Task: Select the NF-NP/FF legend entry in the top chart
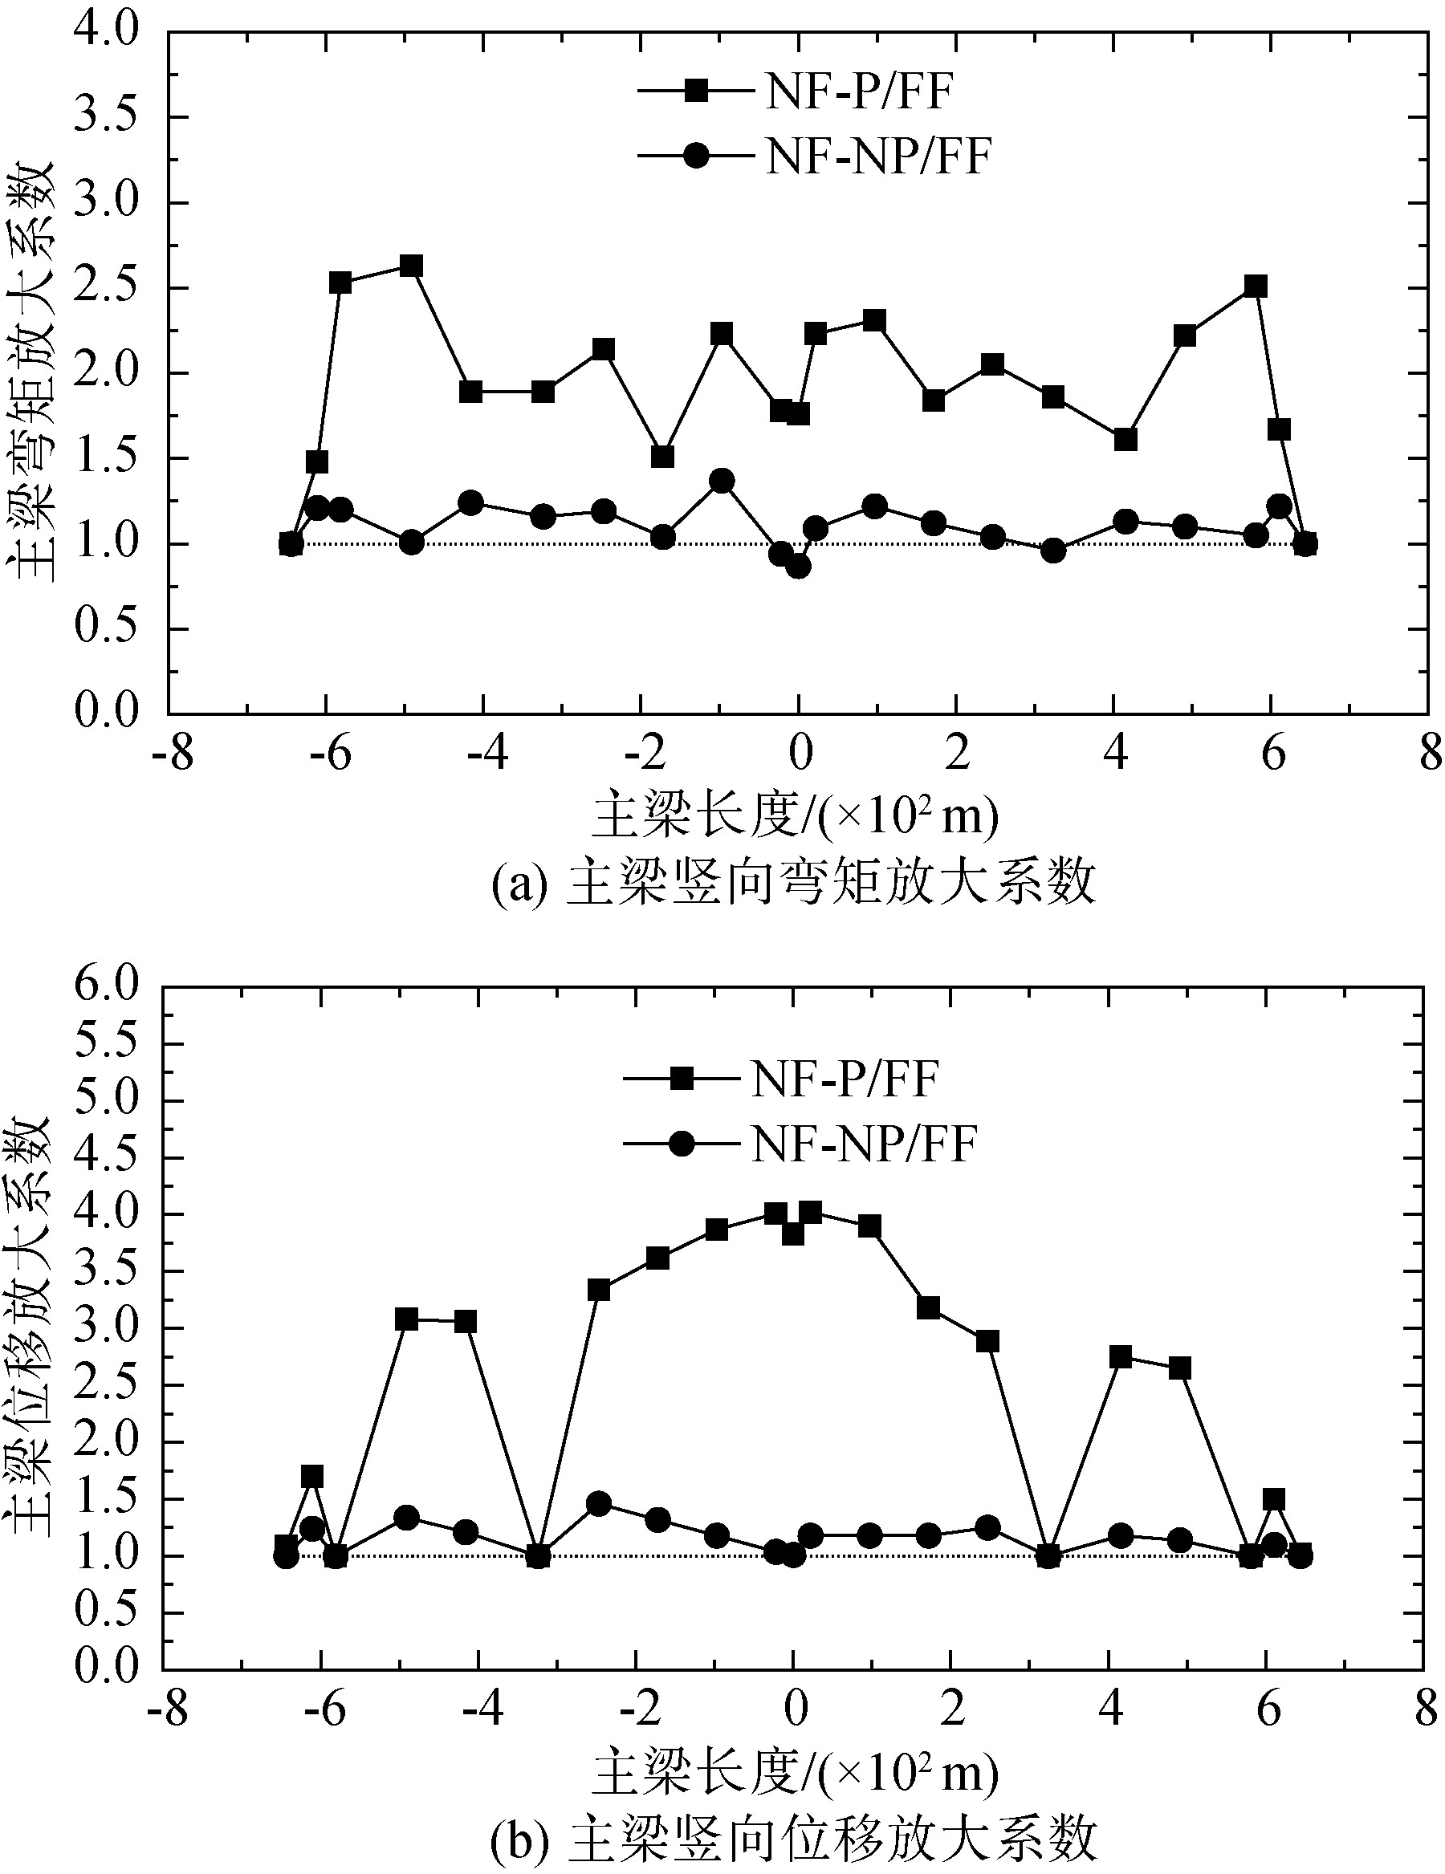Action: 815,157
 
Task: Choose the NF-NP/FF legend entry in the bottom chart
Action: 801,1144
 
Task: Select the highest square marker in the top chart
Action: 411,266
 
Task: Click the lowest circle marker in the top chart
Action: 798,567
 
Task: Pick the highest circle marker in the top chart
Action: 722,481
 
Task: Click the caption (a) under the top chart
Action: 794,884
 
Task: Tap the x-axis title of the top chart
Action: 794,816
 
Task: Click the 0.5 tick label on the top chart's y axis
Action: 104,628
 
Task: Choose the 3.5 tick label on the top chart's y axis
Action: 104,116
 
